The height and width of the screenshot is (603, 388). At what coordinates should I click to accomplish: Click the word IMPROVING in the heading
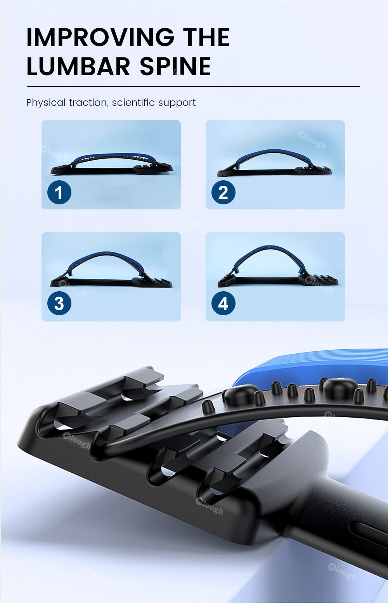click(x=100, y=37)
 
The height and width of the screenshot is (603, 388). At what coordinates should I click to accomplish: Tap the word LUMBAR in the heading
click(x=78, y=66)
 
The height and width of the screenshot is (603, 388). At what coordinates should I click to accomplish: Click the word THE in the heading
click(x=206, y=37)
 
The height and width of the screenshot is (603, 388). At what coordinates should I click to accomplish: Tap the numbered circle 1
click(x=59, y=193)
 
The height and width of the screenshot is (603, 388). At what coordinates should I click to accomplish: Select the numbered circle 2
click(x=223, y=193)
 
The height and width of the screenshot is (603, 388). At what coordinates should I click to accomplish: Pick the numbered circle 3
click(x=59, y=303)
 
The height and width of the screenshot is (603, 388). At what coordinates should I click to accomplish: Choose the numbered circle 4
click(x=223, y=303)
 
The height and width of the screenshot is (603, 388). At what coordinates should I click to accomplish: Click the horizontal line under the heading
click(x=193, y=86)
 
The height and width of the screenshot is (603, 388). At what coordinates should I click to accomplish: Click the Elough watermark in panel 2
click(x=312, y=140)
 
